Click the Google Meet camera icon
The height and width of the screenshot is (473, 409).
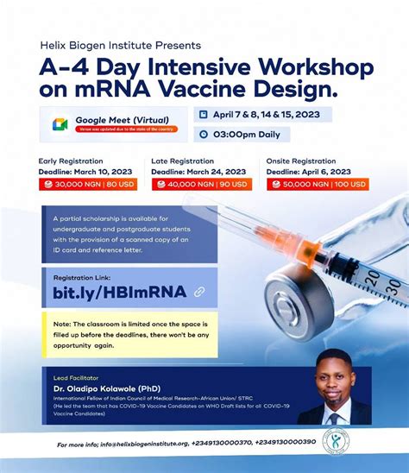click(x=60, y=124)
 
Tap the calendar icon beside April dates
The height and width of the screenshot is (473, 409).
click(x=202, y=115)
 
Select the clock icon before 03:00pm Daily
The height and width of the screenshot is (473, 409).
click(x=202, y=134)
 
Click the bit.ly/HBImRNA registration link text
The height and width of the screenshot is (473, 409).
click(x=120, y=291)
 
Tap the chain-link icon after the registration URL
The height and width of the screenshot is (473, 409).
click(x=199, y=292)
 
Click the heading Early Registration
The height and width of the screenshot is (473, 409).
click(x=72, y=161)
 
